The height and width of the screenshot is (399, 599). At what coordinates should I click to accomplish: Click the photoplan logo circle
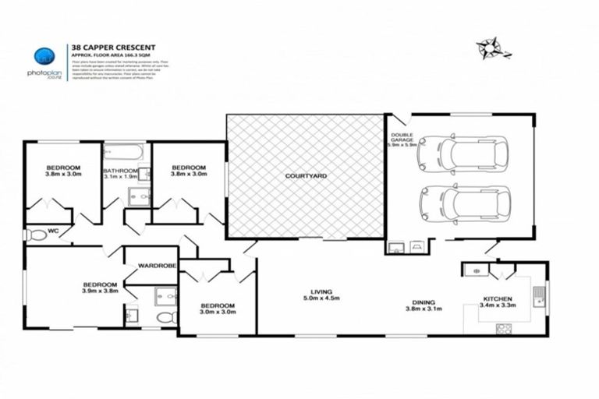pyautogui.click(x=43, y=56)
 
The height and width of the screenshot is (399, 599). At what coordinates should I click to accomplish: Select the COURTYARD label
pyautogui.click(x=306, y=177)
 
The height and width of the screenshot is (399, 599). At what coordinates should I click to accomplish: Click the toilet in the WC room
pyautogui.click(x=34, y=235)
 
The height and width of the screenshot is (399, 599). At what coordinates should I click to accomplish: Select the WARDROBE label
pyautogui.click(x=158, y=267)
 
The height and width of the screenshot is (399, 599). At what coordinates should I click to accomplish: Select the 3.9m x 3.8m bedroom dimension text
pyautogui.click(x=100, y=291)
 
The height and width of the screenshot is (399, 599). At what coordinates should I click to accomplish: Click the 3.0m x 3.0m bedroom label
pyautogui.click(x=218, y=310)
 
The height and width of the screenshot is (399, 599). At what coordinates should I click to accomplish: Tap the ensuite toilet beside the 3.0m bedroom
pyautogui.click(x=164, y=317)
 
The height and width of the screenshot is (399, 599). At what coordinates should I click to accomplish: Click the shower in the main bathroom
pyautogui.click(x=138, y=198)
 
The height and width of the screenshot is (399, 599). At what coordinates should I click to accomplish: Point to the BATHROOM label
pyautogui.click(x=120, y=171)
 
